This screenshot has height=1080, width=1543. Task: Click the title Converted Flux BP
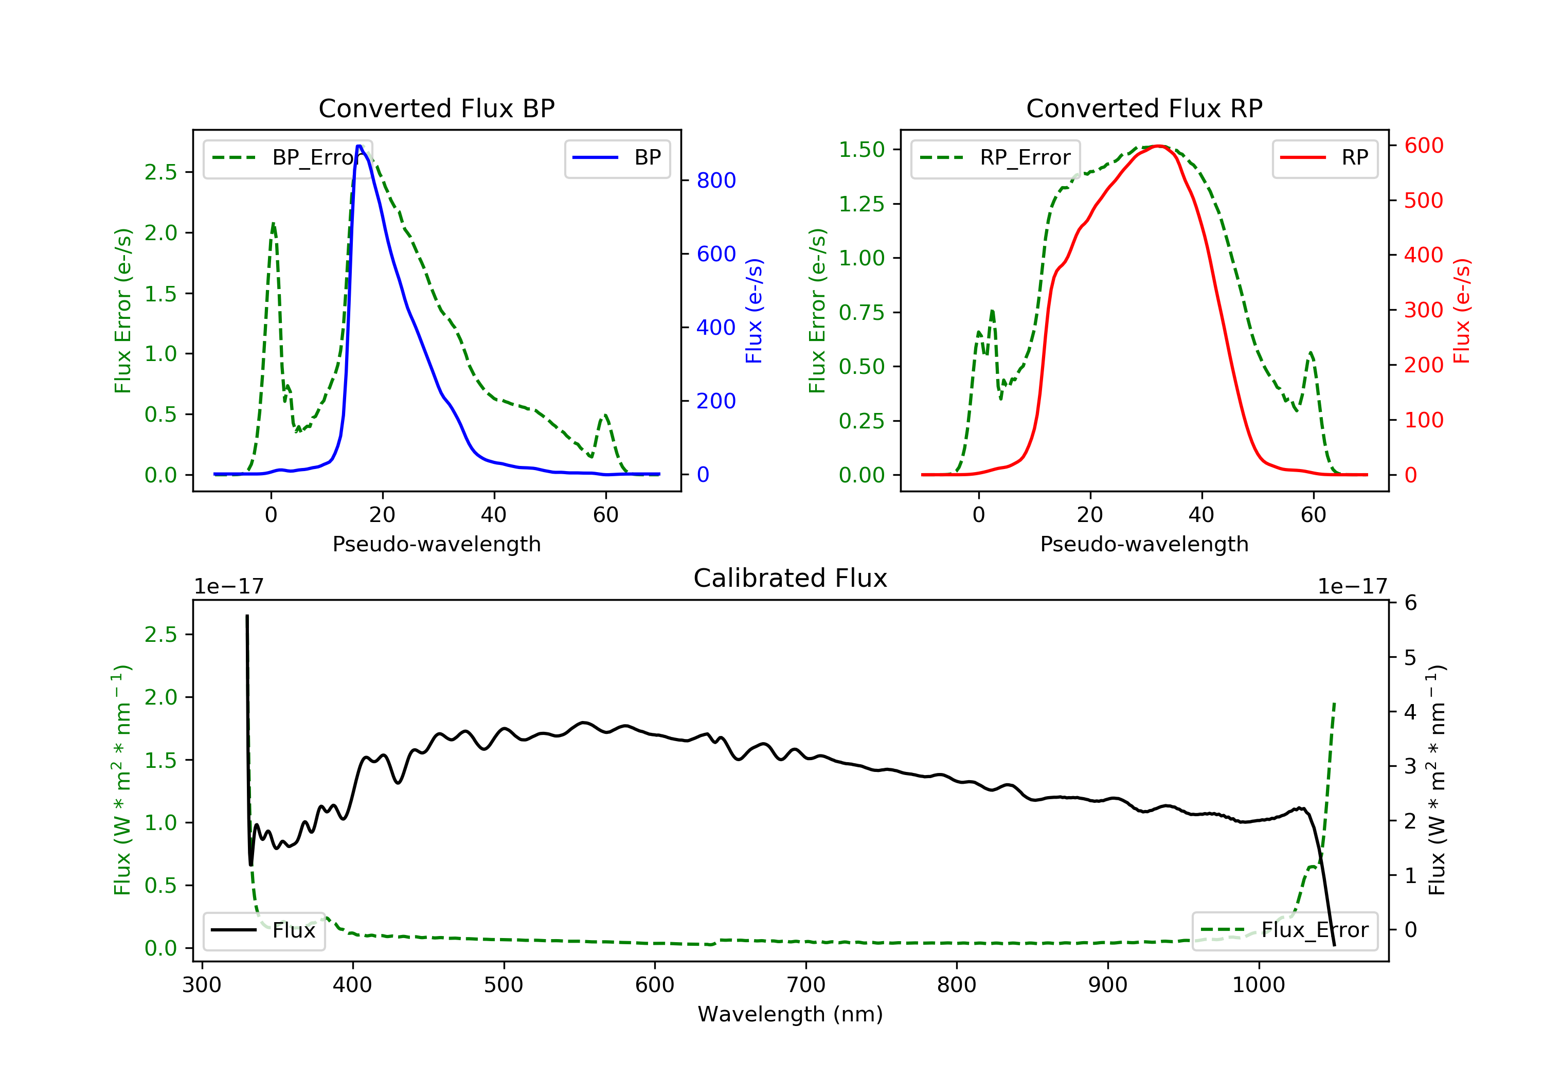[436, 108]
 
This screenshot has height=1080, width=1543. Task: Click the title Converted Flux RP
[1144, 108]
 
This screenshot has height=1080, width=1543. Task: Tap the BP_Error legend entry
[288, 158]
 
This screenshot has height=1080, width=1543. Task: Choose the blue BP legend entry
[617, 158]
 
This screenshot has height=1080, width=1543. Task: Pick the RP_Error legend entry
[995, 158]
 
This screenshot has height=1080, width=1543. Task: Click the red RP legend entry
[1324, 158]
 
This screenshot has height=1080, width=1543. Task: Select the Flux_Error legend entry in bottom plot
[1284, 930]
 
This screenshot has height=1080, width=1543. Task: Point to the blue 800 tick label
[716, 180]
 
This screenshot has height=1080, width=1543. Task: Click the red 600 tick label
[1423, 146]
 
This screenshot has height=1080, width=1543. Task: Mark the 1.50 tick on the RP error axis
[862, 149]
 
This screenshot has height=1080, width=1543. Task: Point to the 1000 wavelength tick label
[1258, 985]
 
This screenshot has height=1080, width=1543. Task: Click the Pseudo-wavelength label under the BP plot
[436, 544]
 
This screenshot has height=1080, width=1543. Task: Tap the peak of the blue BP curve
[360, 146]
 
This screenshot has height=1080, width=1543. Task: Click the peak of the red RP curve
[1157, 146]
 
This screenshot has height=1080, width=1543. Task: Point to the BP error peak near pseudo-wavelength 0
[273, 224]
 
